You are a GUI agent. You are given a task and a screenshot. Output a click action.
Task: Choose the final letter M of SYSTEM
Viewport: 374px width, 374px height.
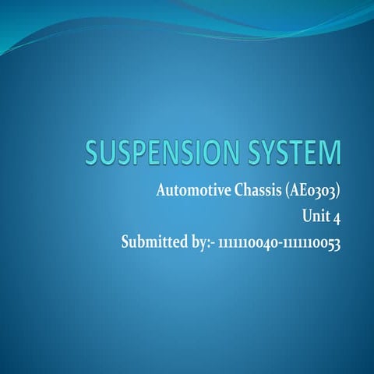330,153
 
